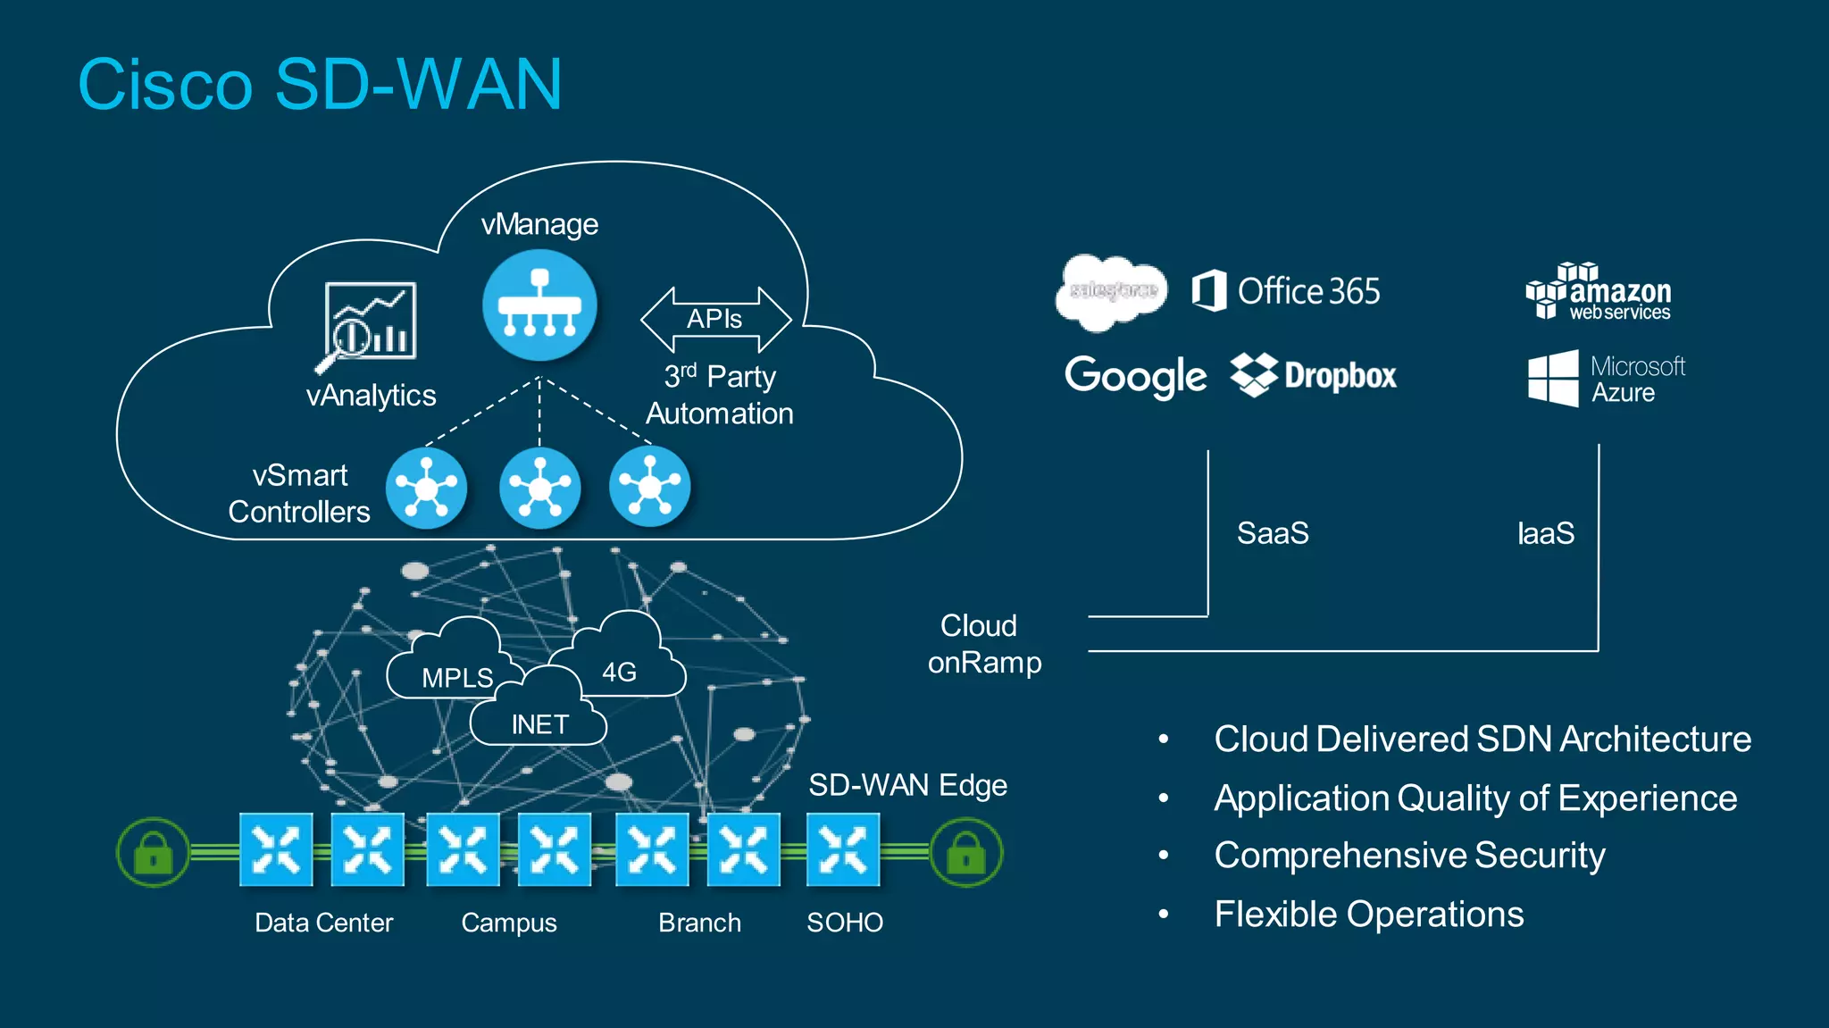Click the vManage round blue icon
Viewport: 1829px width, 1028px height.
pos(539,305)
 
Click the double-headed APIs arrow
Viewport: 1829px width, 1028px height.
pos(715,319)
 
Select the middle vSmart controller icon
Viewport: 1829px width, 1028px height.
pos(539,488)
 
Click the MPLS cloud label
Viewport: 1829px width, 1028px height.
pos(457,678)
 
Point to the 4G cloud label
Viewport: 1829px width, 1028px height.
pos(619,672)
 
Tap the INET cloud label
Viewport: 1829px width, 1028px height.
pos(539,723)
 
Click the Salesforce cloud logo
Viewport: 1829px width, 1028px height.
pos(1112,290)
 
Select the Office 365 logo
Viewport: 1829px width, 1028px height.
pos(1286,291)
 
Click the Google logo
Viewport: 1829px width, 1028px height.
pos(1135,376)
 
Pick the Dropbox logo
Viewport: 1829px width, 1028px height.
pos(1313,375)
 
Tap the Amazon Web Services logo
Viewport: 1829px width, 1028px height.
pos(1599,292)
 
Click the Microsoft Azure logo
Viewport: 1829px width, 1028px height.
pos(1606,379)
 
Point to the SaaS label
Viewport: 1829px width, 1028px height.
pos(1273,533)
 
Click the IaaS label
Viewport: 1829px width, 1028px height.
pos(1546,533)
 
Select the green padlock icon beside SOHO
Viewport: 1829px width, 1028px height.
pos(965,853)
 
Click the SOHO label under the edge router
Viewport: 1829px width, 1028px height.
pos(845,922)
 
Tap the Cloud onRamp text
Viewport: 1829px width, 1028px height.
pos(982,644)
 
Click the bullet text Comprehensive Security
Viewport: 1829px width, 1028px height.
pos(1409,856)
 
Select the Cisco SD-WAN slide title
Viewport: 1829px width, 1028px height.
pos(320,85)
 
